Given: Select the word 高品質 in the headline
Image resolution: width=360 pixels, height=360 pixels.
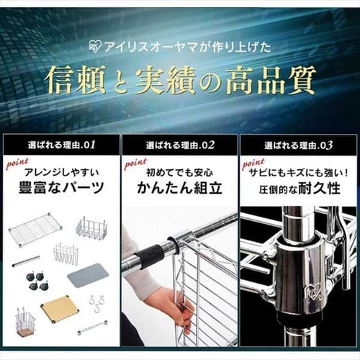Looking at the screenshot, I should coord(274,80).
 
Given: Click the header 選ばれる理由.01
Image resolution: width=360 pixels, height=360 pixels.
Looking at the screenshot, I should coord(60,145).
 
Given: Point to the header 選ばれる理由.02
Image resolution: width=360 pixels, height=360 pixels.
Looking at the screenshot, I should coord(179,145).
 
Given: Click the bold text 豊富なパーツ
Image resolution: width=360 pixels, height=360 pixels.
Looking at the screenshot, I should coord(60,189).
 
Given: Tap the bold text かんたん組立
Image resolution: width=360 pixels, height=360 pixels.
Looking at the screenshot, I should coord(179,189).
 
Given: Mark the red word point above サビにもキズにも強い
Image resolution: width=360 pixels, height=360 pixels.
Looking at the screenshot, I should coord(253,163).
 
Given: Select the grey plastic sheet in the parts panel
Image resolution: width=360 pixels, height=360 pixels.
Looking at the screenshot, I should coord(87,274).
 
